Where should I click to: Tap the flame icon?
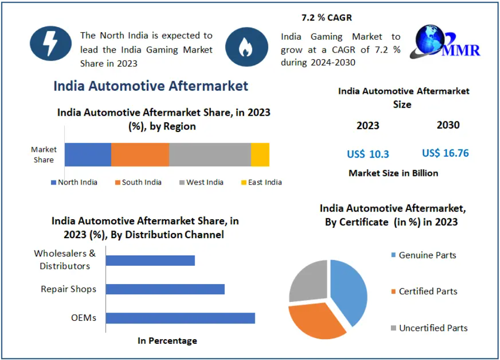coord(246,47)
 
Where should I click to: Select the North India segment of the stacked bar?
coord(88,155)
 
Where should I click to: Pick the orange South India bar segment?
coord(140,155)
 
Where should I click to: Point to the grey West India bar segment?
coord(209,155)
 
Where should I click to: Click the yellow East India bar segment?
coord(260,155)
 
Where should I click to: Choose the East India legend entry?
coord(261,182)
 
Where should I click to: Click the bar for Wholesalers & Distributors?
coord(150,261)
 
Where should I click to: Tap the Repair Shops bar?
coord(165,289)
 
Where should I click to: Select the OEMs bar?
coord(180,318)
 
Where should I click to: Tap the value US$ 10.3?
coord(368,154)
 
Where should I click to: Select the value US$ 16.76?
coord(445,153)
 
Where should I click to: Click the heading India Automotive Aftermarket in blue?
coord(151,86)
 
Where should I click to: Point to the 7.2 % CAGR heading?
coord(327,18)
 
